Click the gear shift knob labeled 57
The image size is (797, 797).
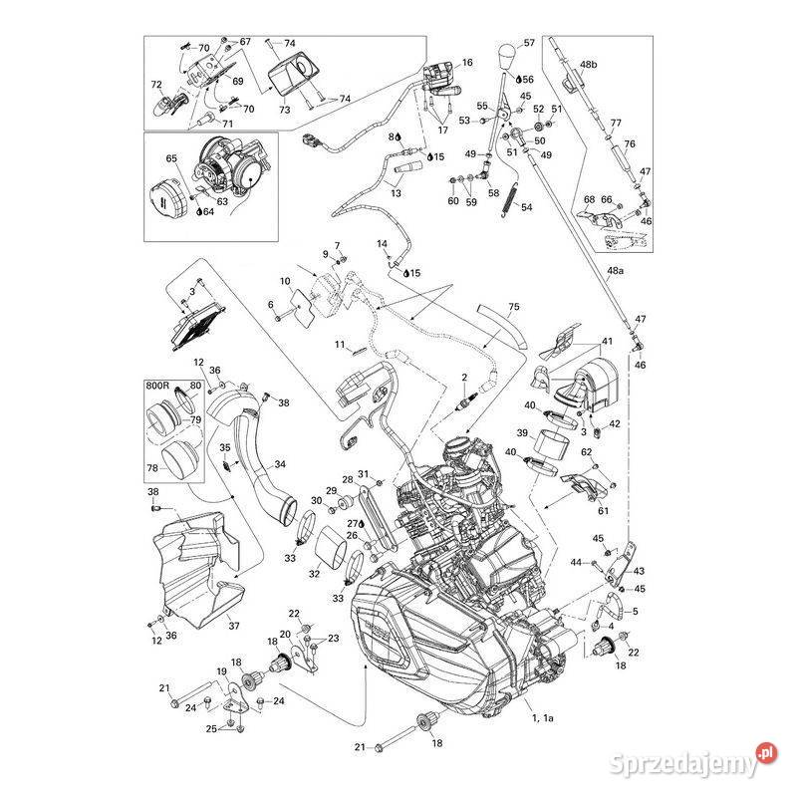507,59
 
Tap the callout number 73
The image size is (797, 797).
285,110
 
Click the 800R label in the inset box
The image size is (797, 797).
157,386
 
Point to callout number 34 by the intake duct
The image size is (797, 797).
280,464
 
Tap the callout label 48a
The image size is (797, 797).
615,270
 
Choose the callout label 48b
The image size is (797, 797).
588,65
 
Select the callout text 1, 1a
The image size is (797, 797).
542,717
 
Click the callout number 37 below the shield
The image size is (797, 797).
234,626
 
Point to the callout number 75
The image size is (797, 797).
514,307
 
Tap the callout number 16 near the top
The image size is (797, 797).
467,63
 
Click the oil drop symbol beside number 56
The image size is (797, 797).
519,80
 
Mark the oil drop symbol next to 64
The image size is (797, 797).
200,211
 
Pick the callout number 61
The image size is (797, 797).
603,510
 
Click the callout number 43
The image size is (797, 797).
639,571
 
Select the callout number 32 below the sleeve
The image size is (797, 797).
315,574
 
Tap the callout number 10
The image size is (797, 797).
285,281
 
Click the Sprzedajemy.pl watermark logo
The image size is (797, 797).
693,761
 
